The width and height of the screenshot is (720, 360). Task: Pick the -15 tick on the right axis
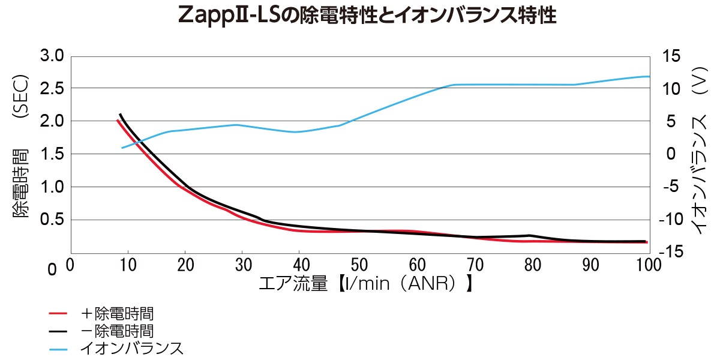pyautogui.click(x=675, y=252)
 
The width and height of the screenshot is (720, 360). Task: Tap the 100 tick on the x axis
pyautogui.click(x=647, y=265)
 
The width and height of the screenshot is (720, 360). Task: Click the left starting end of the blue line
pyautogui.click(x=122, y=148)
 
